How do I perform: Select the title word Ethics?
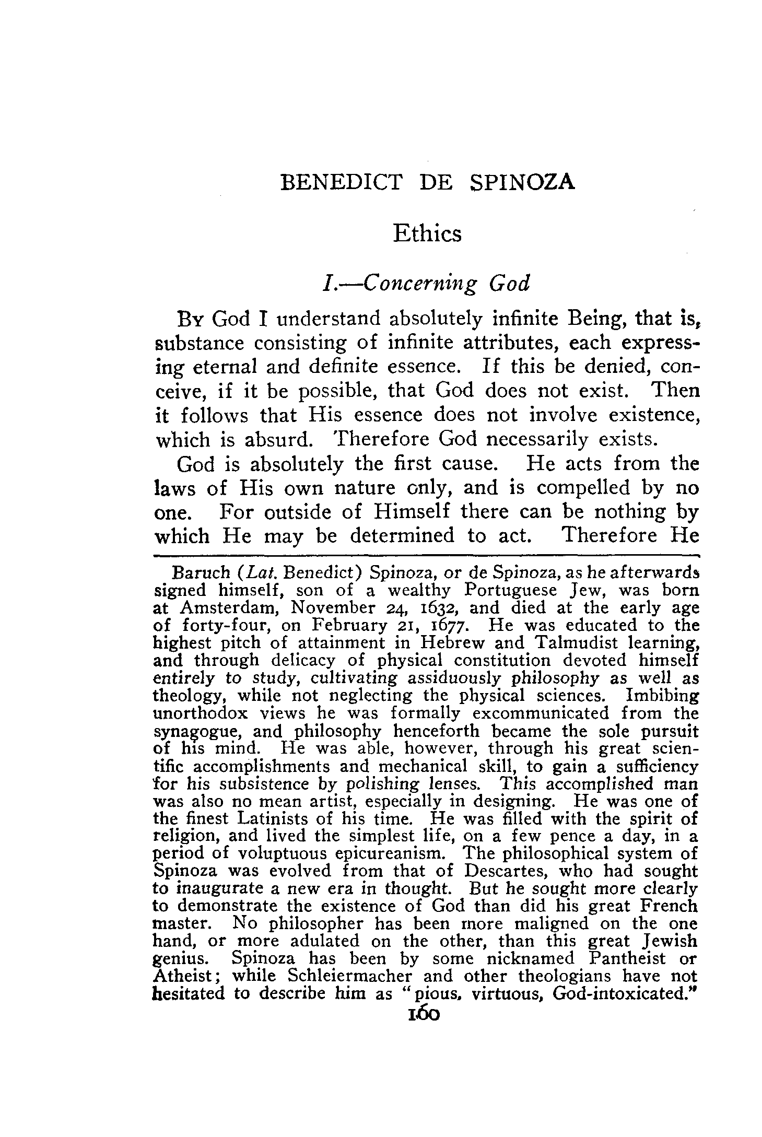click(427, 233)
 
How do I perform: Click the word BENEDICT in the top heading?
click(342, 182)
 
